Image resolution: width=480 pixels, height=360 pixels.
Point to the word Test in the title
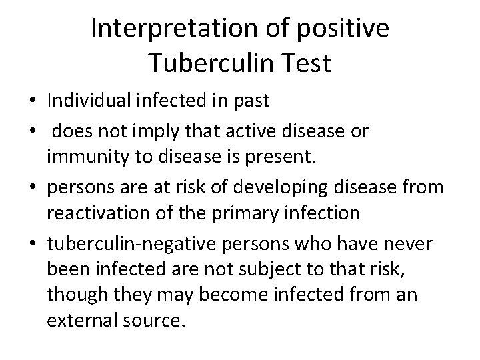point(306,63)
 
